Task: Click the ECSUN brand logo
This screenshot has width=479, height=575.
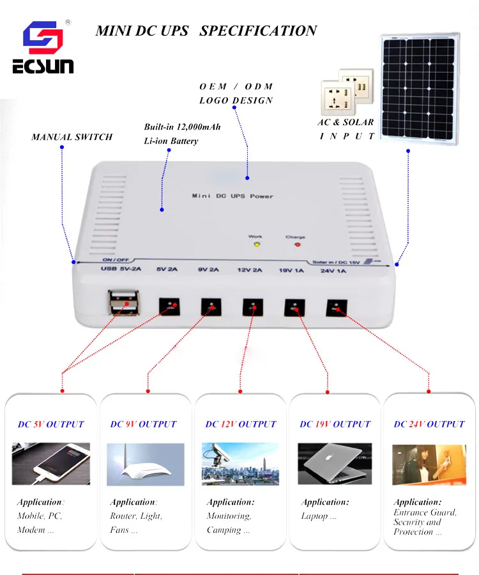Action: coord(43,48)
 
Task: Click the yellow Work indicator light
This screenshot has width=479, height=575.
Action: coord(256,243)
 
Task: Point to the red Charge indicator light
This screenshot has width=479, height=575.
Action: coord(296,243)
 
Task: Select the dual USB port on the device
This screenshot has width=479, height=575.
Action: coord(123,302)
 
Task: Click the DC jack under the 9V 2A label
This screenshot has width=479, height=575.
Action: coord(211,307)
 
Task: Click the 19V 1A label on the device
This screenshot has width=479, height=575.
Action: coord(291,271)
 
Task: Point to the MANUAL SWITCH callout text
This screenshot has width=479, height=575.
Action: coord(72,137)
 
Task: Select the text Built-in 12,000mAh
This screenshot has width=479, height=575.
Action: coord(183,127)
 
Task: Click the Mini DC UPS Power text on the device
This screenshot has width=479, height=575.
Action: coord(232,196)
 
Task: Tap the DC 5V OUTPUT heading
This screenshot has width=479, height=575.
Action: coord(51,424)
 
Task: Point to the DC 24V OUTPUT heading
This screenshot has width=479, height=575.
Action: coord(429,424)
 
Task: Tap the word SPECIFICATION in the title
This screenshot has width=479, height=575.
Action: coord(258,31)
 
